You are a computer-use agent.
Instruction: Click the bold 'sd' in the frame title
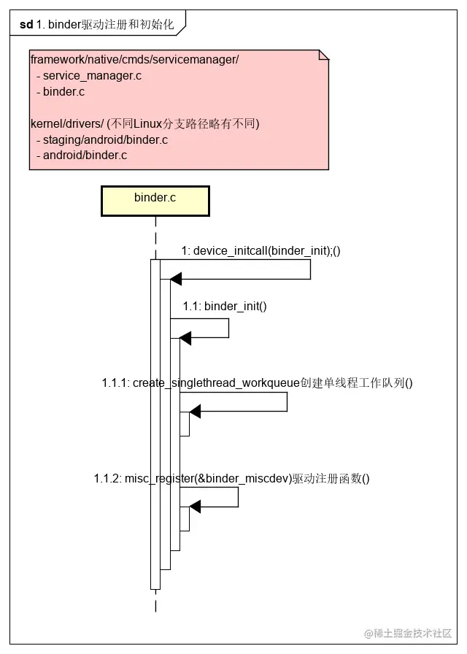(x=26, y=24)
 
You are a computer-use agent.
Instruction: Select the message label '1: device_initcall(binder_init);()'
(x=261, y=250)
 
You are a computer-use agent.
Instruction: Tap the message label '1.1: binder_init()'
(x=225, y=306)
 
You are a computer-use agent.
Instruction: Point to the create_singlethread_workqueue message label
(x=258, y=382)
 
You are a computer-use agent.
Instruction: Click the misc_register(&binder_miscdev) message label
(x=232, y=479)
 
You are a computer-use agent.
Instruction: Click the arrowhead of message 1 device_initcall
(x=175, y=279)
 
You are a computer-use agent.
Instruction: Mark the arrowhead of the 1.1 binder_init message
(x=185, y=338)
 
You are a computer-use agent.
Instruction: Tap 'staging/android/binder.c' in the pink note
(x=105, y=139)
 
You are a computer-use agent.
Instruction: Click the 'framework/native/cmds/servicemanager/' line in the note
(x=134, y=59)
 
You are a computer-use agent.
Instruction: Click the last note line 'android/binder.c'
(x=85, y=155)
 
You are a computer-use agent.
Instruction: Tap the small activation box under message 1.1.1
(x=185, y=424)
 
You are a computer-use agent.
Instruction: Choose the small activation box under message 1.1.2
(x=185, y=519)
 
